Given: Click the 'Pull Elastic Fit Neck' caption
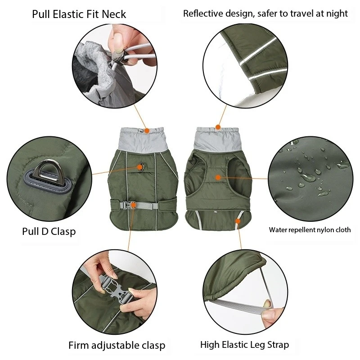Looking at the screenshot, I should pos(79,14).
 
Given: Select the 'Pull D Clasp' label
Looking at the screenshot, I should pos(49,231).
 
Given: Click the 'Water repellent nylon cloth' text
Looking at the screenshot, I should pos(310,229).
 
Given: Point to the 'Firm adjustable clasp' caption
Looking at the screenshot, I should pos(117,346).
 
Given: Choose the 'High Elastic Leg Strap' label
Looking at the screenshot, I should pos(244,345).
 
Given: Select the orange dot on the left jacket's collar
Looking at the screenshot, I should pos(146,130).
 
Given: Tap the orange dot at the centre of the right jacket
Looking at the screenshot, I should pos(218,177).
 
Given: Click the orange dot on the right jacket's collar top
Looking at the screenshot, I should pos(218,127).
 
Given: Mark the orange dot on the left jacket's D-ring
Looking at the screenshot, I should pos(140,167).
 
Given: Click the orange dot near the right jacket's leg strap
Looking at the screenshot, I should pos(238,220).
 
